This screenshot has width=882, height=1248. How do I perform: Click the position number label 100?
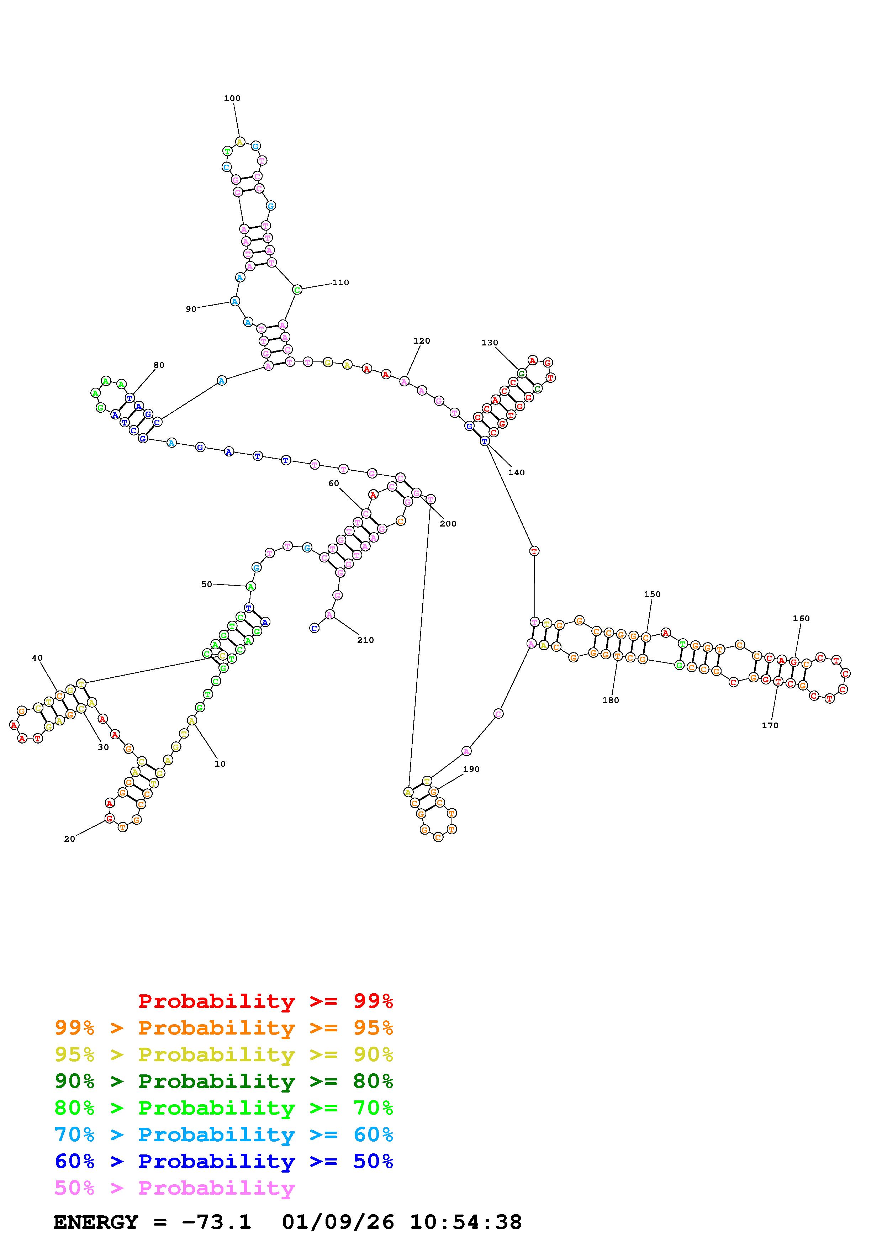(x=232, y=99)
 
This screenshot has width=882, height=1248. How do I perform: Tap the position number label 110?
(x=341, y=282)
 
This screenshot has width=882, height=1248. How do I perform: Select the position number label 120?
(x=422, y=341)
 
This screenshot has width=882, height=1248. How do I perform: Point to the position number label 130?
(x=490, y=343)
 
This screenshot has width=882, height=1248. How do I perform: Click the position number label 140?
(x=516, y=472)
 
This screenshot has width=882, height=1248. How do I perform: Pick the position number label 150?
(x=652, y=594)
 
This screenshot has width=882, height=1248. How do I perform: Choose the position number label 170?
(x=770, y=725)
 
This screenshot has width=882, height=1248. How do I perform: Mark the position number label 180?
(x=611, y=700)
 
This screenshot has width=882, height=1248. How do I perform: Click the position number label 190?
(x=471, y=769)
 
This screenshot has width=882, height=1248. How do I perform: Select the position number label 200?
(x=448, y=523)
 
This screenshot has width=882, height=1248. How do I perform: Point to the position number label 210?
(x=366, y=640)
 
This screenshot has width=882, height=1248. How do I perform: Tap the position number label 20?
(x=70, y=839)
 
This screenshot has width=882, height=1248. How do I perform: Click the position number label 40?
(x=37, y=658)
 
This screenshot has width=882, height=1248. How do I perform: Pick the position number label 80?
(x=159, y=365)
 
